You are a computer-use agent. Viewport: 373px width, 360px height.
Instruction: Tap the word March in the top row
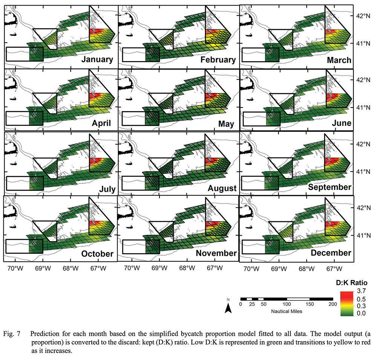[x=337, y=60]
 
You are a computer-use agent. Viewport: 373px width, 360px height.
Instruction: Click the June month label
[x=339, y=123]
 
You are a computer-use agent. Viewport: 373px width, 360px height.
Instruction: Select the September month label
[x=329, y=187]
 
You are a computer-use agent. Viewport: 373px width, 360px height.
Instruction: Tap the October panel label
[x=97, y=254]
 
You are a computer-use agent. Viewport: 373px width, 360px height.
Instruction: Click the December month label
[x=331, y=253]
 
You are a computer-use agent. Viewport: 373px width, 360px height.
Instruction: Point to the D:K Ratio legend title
[x=351, y=282]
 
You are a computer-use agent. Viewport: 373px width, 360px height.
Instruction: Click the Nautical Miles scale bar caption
[x=286, y=312]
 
